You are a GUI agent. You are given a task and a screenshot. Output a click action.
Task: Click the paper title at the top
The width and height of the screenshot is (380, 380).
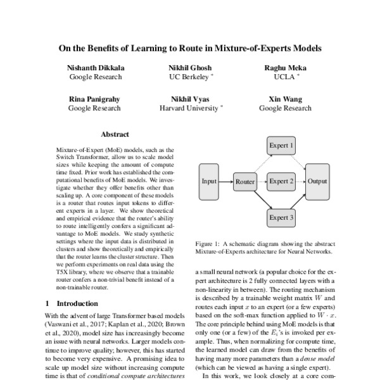pyautogui.click(x=190, y=47)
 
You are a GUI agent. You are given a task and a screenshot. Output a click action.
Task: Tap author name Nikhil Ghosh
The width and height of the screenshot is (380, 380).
pyautogui.click(x=190, y=68)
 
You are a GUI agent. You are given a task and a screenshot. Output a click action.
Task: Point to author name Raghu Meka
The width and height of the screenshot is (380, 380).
pyautogui.click(x=282, y=68)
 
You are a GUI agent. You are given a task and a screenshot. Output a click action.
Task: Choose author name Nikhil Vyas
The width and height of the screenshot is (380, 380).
pyautogui.click(x=190, y=99)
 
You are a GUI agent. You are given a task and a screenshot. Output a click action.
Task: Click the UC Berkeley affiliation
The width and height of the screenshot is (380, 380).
pyautogui.click(x=188, y=77)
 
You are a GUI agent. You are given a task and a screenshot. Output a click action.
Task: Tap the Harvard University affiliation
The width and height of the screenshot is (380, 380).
pyautogui.click(x=188, y=108)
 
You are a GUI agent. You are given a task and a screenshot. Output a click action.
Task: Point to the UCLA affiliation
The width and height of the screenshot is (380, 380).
pyautogui.click(x=280, y=77)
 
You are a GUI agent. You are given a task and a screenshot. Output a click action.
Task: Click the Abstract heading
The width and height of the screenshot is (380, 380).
pyautogui.click(x=115, y=134)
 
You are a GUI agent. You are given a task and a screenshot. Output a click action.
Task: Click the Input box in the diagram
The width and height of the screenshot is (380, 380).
pyautogui.click(x=209, y=181)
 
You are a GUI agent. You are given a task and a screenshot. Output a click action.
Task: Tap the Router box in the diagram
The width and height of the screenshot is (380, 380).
pyautogui.click(x=244, y=182)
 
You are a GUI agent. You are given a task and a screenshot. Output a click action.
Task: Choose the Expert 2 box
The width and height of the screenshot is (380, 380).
pyautogui.click(x=282, y=181)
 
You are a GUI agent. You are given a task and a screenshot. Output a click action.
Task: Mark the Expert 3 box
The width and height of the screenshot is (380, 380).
pyautogui.click(x=282, y=217)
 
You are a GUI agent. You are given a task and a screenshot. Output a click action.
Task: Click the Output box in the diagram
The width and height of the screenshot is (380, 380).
pyautogui.click(x=317, y=181)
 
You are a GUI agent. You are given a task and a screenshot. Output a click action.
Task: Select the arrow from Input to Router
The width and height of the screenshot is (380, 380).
pyautogui.click(x=226, y=182)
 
